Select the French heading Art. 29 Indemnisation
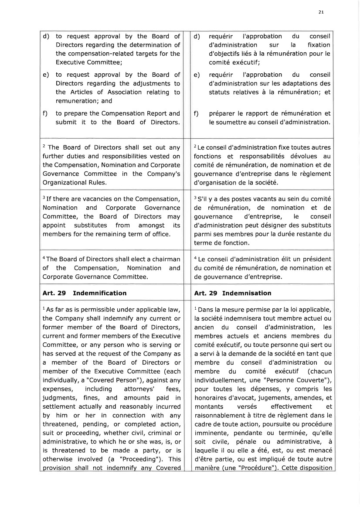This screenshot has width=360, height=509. pyautogui.click(x=233, y=293)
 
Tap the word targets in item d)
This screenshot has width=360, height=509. pyautogui.click(x=156, y=54)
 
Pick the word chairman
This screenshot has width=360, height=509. pyautogui.click(x=165, y=259)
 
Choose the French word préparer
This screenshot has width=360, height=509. pyautogui.click(x=224, y=113)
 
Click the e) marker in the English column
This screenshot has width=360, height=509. pyautogui.click(x=46, y=75)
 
